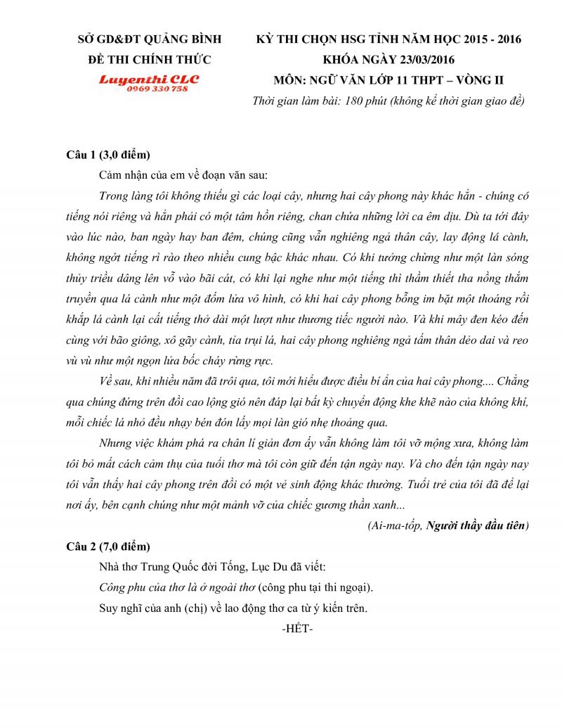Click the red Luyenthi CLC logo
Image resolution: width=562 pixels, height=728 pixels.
[148, 79]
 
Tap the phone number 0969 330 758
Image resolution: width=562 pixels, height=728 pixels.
[157, 89]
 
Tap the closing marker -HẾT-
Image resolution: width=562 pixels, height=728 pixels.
[296, 627]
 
